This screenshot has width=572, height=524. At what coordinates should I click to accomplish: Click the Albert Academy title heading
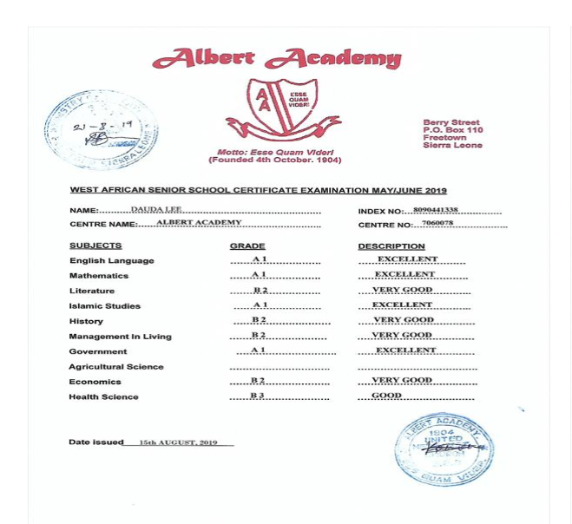pyautogui.click(x=276, y=59)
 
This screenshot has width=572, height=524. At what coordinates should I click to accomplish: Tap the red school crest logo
pyautogui.click(x=279, y=108)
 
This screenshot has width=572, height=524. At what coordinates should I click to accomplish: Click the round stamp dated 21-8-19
pyautogui.click(x=102, y=130)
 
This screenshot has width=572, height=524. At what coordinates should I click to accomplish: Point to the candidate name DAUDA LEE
pyautogui.click(x=156, y=209)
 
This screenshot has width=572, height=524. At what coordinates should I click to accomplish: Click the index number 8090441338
pyautogui.click(x=436, y=210)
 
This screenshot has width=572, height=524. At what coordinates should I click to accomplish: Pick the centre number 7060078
pyautogui.click(x=437, y=223)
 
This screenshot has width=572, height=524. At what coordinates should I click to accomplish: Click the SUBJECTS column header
pyautogui.click(x=95, y=246)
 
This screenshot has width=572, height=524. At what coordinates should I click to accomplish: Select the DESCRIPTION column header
pyautogui.click(x=391, y=246)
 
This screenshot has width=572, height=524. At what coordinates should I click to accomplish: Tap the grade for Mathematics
pyautogui.click(x=260, y=274)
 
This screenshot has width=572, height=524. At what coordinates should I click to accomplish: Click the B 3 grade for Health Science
pyautogui.click(x=257, y=396)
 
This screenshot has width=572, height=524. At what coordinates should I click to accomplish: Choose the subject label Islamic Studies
pyautogui.click(x=104, y=306)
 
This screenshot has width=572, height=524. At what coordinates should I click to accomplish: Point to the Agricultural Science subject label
pyautogui.click(x=115, y=367)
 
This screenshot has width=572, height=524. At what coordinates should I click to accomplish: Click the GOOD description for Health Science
pyautogui.click(x=387, y=396)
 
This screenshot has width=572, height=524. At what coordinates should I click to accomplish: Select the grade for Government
pyautogui.click(x=258, y=350)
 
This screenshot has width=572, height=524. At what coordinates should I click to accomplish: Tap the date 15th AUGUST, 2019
pyautogui.click(x=178, y=442)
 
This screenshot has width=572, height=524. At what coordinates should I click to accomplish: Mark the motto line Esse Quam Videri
pyautogui.click(x=274, y=152)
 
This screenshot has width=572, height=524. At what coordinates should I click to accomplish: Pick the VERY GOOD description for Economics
pyautogui.click(x=402, y=380)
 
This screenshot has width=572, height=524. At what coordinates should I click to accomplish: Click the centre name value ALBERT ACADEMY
pyautogui.click(x=199, y=223)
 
